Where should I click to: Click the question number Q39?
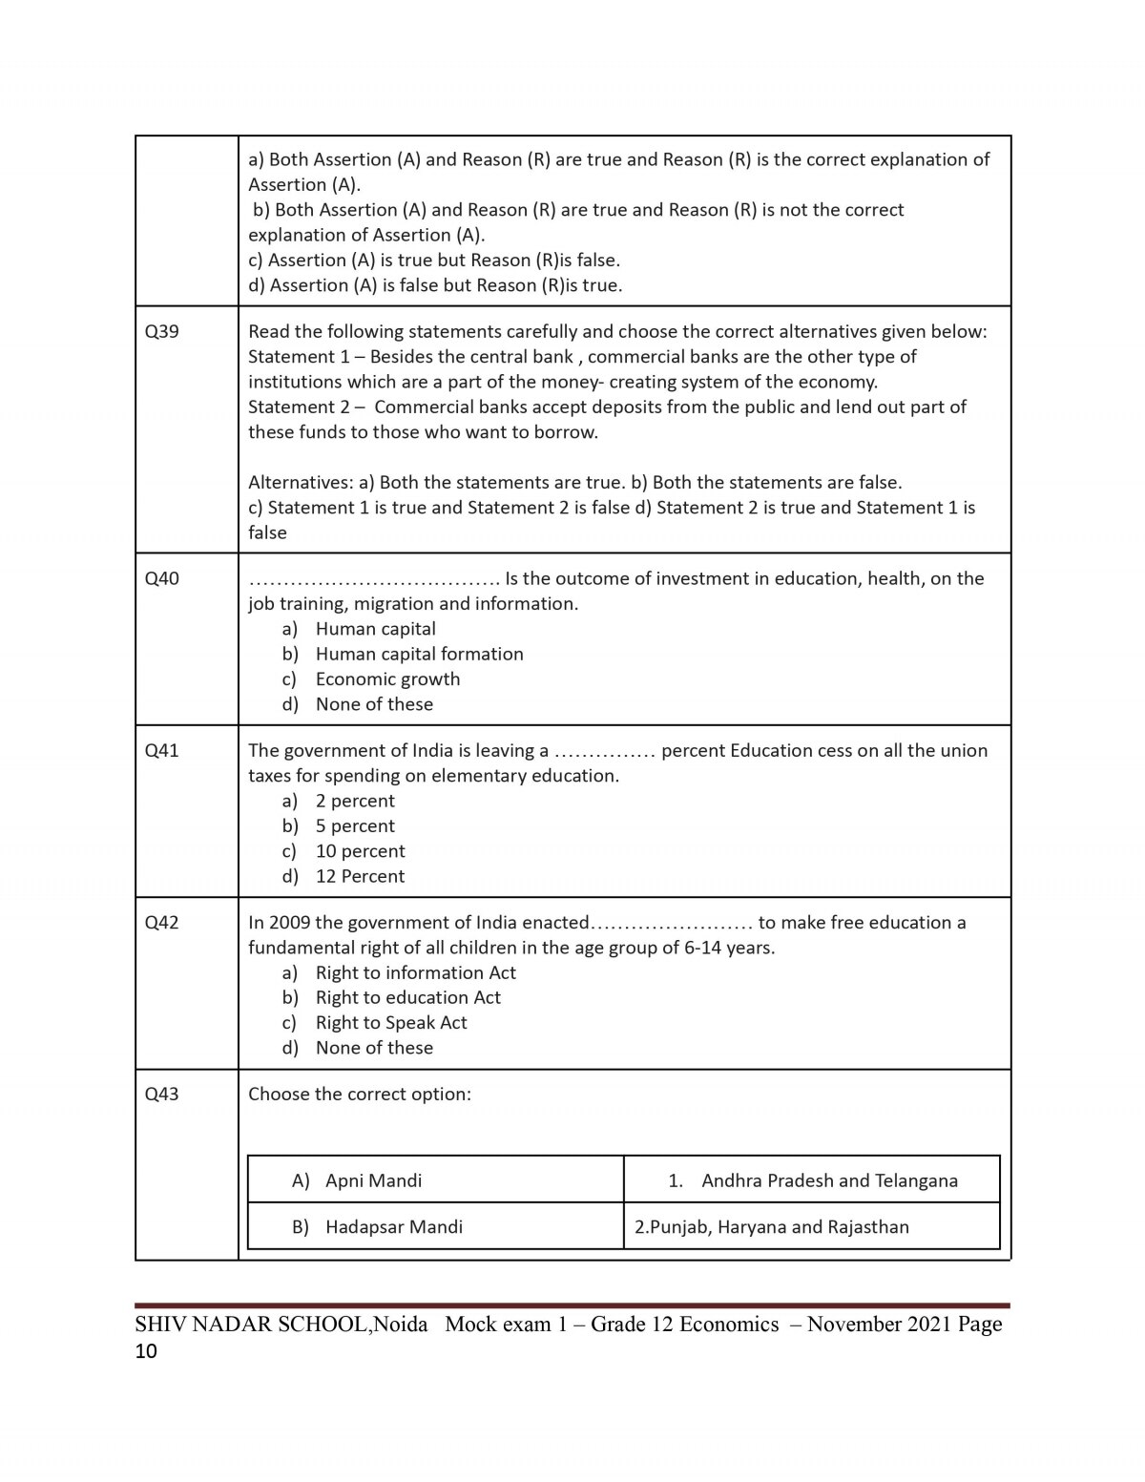pyautogui.click(x=161, y=332)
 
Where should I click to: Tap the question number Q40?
pyautogui.click(x=161, y=578)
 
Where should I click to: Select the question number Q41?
pyautogui.click(x=161, y=750)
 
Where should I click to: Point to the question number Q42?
pyautogui.click(x=161, y=923)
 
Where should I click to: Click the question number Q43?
pyautogui.click(x=161, y=1095)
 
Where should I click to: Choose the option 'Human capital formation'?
pyautogui.click(x=419, y=654)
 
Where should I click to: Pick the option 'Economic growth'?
pyautogui.click(x=387, y=679)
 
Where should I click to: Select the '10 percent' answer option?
pyautogui.click(x=360, y=851)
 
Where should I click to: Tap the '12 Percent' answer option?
pyautogui.click(x=360, y=876)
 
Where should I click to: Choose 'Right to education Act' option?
pyautogui.click(x=407, y=997)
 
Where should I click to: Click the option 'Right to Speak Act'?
pyautogui.click(x=391, y=1023)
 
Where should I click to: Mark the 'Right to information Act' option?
pyautogui.click(x=415, y=972)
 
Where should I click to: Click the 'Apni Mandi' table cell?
pyautogui.click(x=373, y=1180)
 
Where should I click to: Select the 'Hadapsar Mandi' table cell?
pyautogui.click(x=393, y=1227)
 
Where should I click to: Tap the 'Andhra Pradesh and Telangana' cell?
pyautogui.click(x=829, y=1180)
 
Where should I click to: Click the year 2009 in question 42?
pyautogui.click(x=289, y=923)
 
